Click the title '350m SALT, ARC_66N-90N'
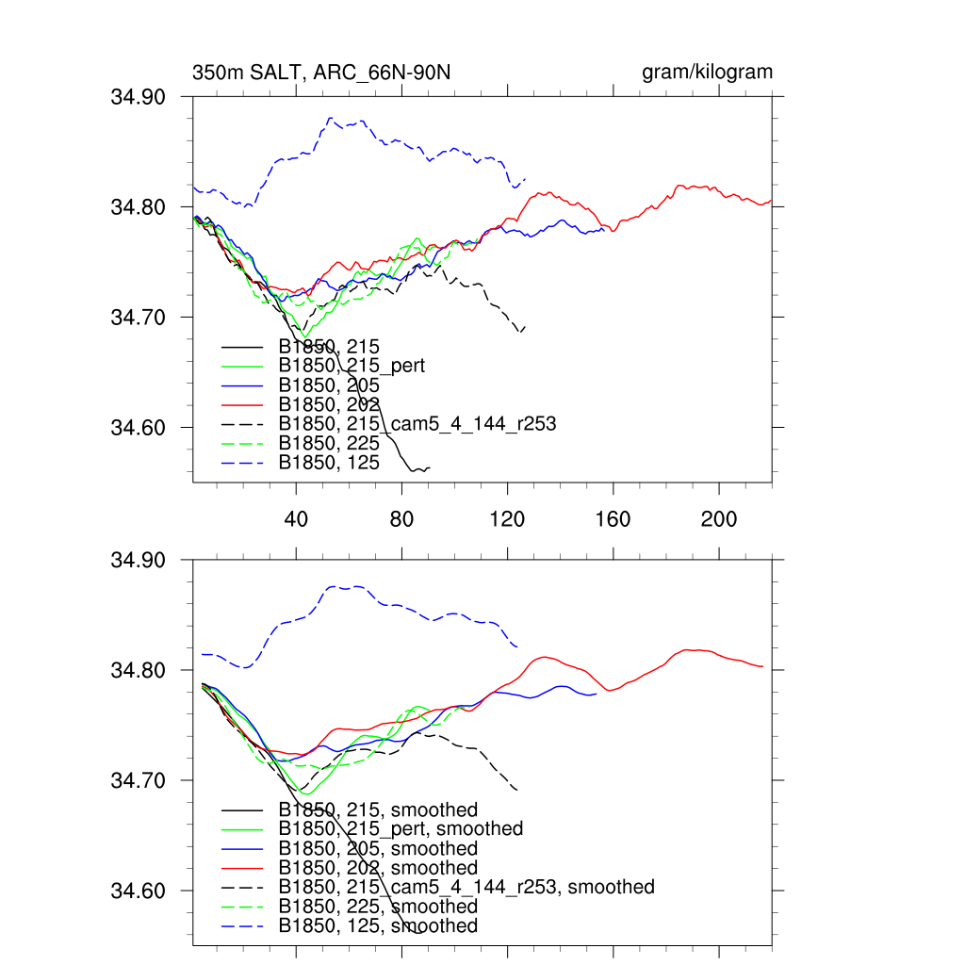(327, 73)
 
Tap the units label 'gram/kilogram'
(707, 73)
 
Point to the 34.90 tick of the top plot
(139, 96)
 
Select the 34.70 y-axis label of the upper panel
(139, 318)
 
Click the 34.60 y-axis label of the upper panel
(139, 428)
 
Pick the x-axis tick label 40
(296, 519)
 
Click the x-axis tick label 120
(508, 519)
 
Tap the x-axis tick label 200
(719, 519)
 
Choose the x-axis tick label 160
(613, 519)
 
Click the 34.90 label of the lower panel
(139, 560)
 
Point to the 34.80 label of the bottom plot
(139, 670)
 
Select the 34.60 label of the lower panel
(139, 891)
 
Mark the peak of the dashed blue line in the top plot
(330, 118)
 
